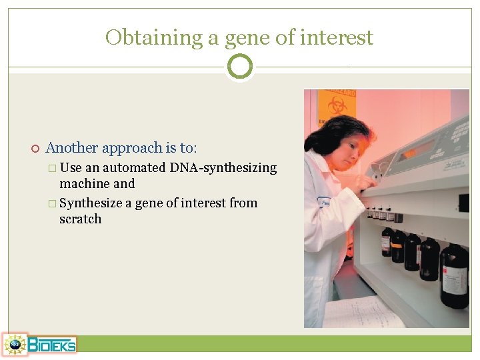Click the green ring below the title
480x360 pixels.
239,67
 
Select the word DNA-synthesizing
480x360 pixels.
223,168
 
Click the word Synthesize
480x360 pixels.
91,203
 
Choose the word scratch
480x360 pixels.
80,219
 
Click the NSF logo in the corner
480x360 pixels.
14,344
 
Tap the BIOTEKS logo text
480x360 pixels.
52,345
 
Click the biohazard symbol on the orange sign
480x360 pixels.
337,105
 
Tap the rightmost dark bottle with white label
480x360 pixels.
455,275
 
